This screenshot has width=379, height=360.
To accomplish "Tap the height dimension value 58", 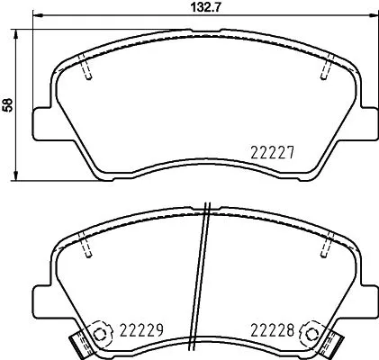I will pos(9,104).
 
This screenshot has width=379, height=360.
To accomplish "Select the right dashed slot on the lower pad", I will pos(328,247).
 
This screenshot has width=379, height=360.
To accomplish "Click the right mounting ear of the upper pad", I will pos(369,123).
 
